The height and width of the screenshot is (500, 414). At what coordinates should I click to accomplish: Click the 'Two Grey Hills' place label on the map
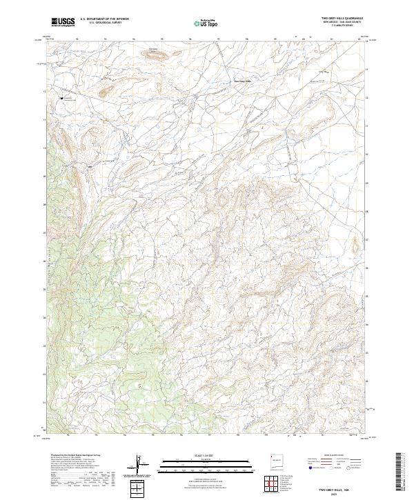pyautogui.click(x=239, y=81)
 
